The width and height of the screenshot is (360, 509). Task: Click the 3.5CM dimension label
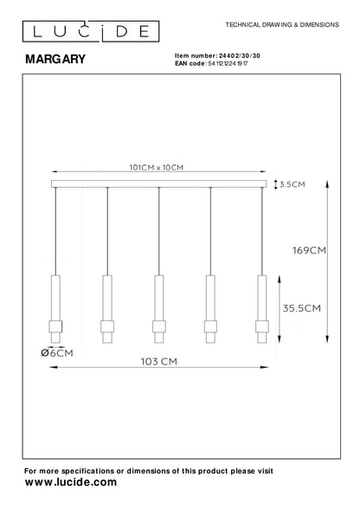tap(294, 184)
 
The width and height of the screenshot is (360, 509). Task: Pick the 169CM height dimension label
tap(308, 251)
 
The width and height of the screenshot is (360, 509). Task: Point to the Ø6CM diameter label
tap(55, 352)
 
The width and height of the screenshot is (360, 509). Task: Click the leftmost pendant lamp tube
tap(54, 299)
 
